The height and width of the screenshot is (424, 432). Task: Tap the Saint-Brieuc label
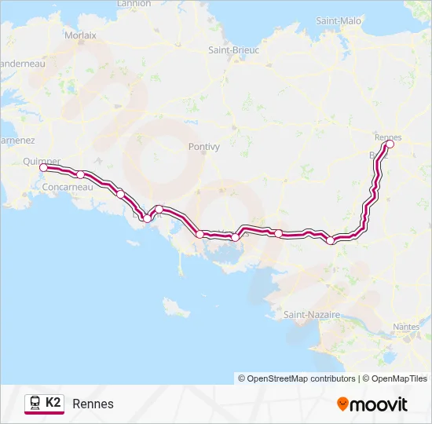233,49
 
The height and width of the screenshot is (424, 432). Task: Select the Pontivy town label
204,146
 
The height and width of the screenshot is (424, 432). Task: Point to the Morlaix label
81,35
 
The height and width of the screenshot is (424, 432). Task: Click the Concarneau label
69,187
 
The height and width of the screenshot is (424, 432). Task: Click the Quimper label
42,161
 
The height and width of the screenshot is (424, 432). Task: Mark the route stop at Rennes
390,144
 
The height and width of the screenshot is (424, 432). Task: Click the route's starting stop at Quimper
43,167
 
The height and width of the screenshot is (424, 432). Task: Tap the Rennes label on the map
388,137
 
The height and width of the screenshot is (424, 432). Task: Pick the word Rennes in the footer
93,404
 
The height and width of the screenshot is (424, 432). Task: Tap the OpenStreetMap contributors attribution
297,378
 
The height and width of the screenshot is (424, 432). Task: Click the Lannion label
134,3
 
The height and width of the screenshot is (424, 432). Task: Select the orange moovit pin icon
342,404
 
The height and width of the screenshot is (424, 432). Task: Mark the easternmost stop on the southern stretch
331,240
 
